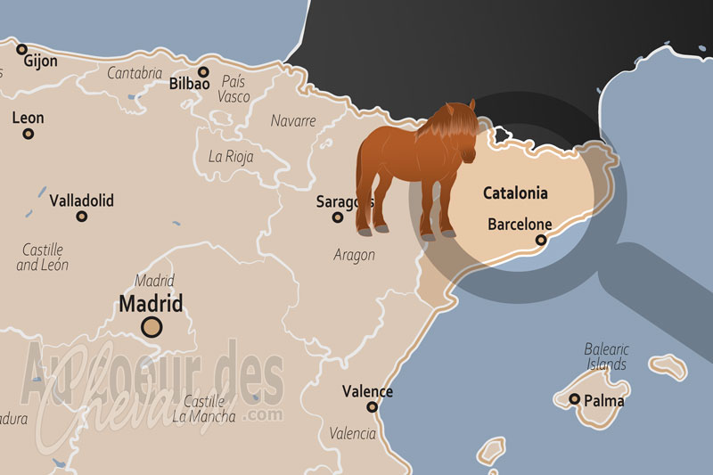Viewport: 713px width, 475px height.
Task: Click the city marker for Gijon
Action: point(22,50)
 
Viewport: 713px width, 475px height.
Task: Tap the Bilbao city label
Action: point(189,85)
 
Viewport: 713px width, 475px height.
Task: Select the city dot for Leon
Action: point(29,134)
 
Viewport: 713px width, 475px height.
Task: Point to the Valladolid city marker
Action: point(82,216)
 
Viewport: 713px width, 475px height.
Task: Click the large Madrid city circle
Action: point(152,327)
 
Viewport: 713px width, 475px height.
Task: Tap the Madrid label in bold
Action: point(151,304)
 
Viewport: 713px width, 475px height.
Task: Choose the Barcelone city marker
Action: point(540,240)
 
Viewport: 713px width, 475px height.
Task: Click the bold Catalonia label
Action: point(515,192)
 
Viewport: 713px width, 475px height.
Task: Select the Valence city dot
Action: point(372,407)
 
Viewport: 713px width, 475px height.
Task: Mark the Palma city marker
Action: point(575,399)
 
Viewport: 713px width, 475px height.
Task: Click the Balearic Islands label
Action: point(606,356)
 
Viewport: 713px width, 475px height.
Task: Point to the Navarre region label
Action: point(293,120)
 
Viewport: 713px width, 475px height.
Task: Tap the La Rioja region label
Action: point(231,156)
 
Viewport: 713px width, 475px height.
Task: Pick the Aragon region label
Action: point(355,255)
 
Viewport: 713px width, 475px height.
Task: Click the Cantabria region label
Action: point(135,73)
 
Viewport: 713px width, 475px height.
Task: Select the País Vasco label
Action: point(234,89)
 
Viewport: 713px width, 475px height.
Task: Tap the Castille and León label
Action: point(43,258)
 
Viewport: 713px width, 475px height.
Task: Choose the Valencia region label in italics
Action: point(352,434)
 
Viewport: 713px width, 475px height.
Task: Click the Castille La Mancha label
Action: point(204,409)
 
